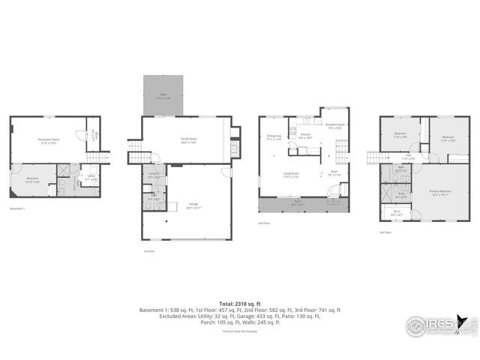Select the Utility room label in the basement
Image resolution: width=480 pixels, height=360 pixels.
coord(89,178)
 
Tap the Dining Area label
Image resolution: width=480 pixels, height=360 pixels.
coord(274,137)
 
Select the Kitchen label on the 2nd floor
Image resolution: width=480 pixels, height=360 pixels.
coord(305,137)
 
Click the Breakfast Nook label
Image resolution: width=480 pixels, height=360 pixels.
coord(334,126)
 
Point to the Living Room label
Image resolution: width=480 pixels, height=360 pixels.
coord(291,176)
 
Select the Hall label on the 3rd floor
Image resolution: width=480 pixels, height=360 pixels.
coord(408,157)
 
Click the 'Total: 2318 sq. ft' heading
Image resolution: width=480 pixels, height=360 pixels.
coord(239,303)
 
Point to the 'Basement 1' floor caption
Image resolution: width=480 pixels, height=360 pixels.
coord(17,208)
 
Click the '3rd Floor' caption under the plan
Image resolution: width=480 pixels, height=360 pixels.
coord(385,232)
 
